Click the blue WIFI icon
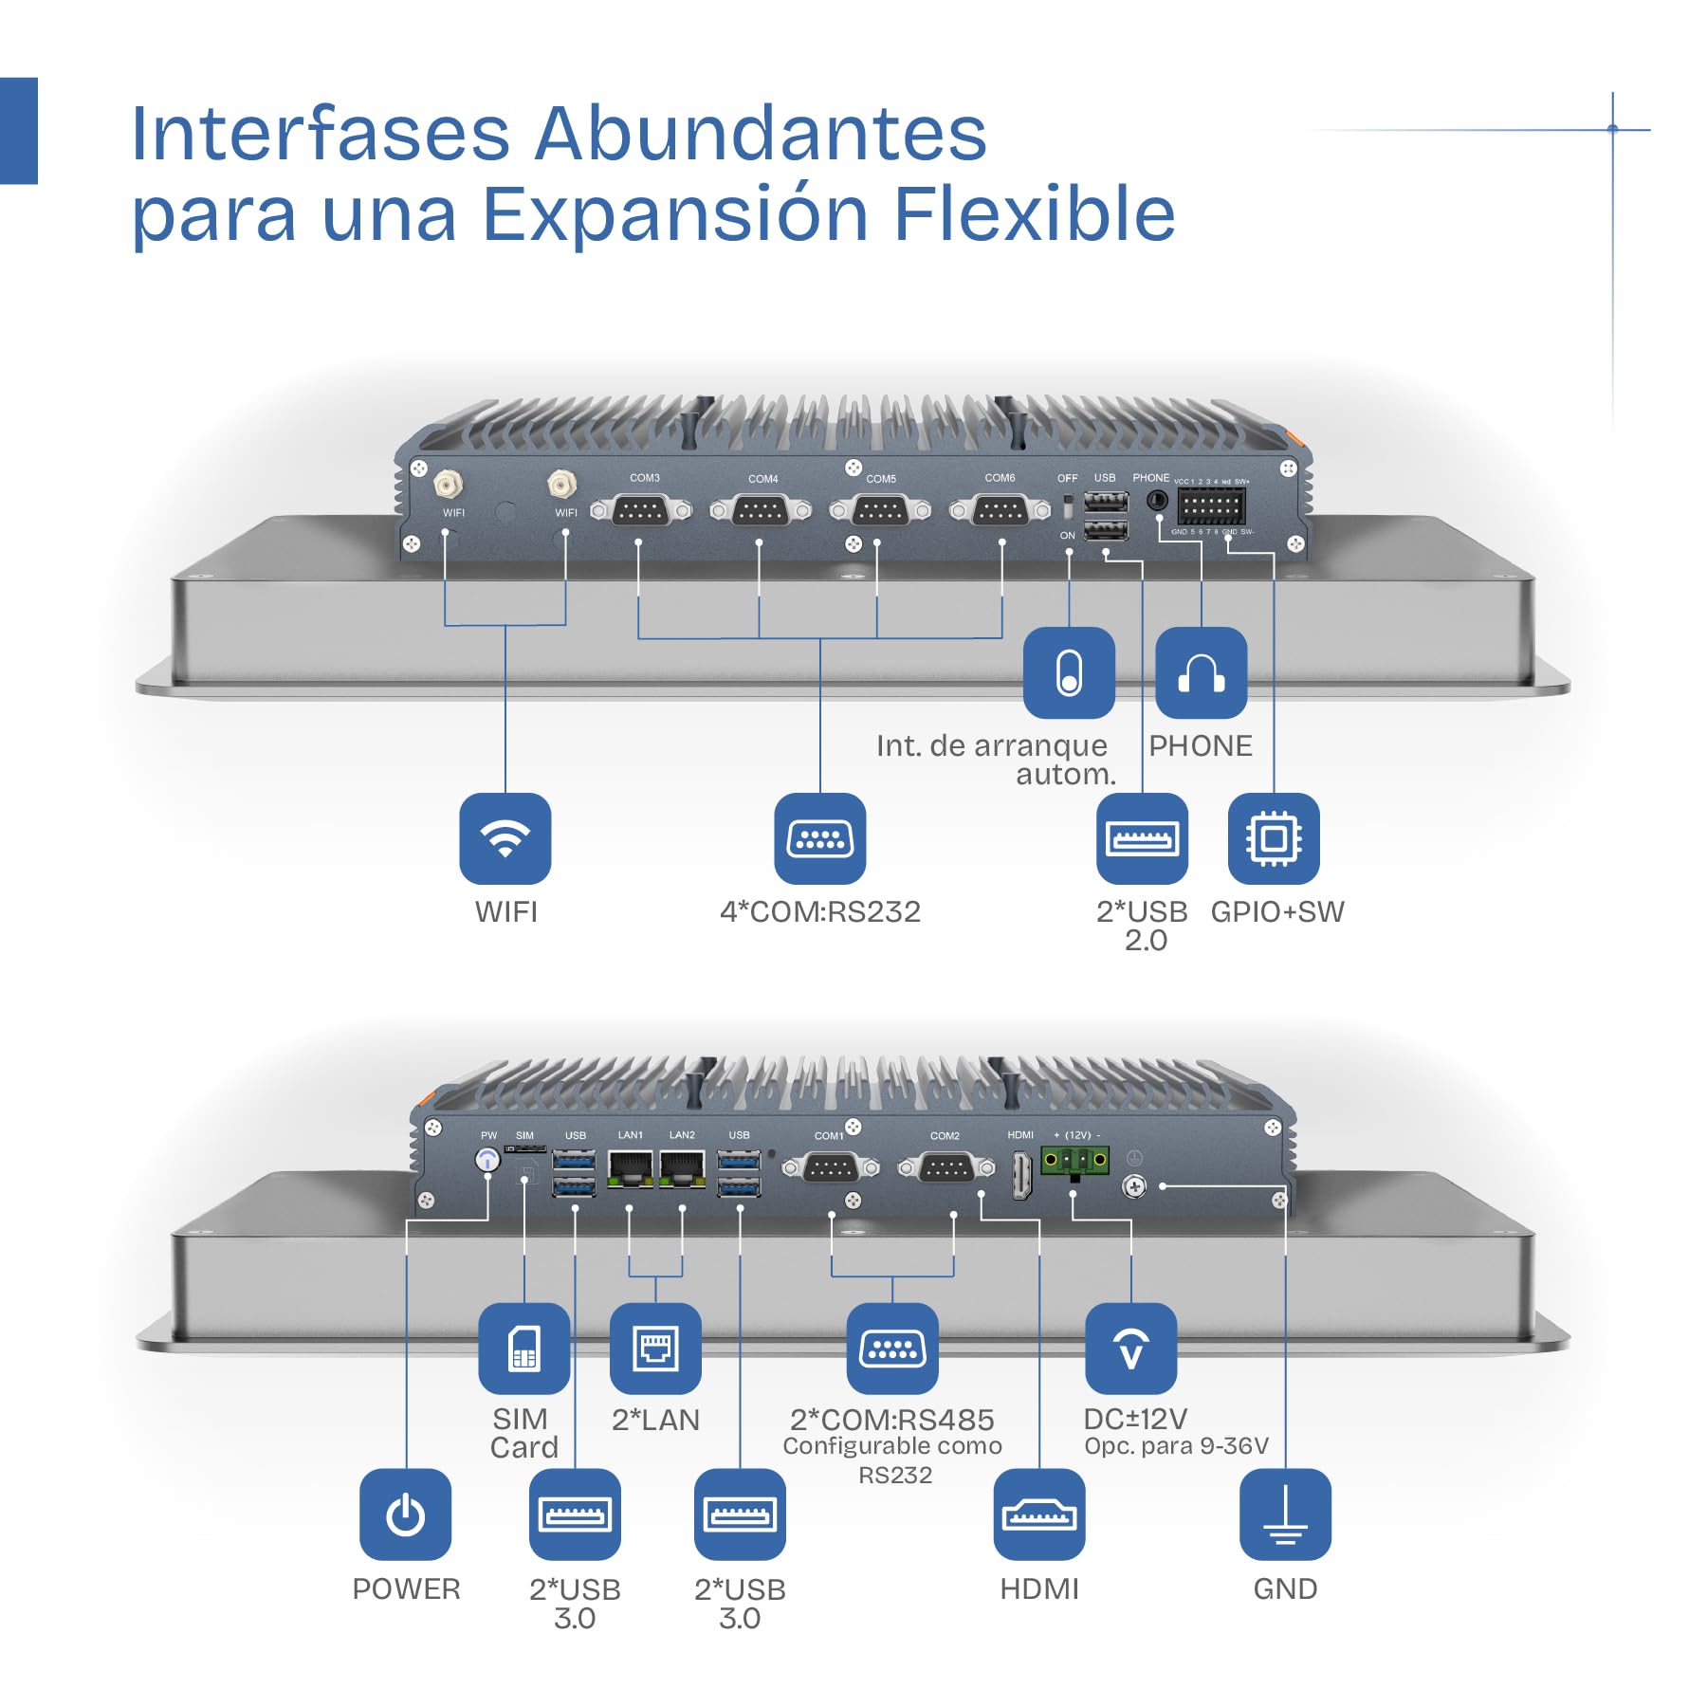point(505,838)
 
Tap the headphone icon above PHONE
point(1201,672)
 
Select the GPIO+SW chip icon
point(1273,838)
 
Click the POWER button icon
point(405,1514)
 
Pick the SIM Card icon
point(523,1348)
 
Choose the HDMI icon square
point(1038,1514)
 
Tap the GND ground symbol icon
point(1285,1514)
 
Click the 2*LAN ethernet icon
point(655,1348)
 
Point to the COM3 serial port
point(641,511)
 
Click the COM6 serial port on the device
point(1000,511)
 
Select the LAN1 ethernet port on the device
point(631,1167)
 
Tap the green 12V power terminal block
point(1074,1160)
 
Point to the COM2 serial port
point(945,1168)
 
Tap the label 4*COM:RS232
point(820,912)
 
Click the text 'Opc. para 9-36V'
point(1176,1446)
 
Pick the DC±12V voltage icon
point(1130,1348)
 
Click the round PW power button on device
point(487,1160)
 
